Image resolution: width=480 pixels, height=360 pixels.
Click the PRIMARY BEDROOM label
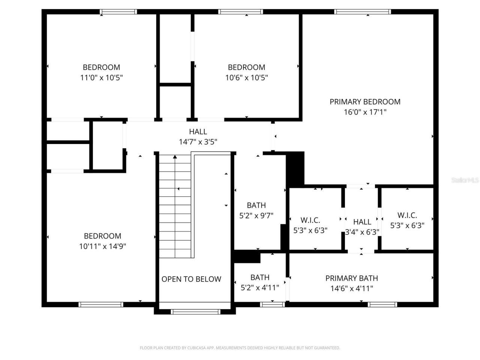[365, 102]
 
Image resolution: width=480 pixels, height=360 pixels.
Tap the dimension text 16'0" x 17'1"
[365, 112]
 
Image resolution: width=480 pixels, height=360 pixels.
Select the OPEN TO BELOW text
[191, 279]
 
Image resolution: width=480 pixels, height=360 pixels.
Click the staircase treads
[175, 206]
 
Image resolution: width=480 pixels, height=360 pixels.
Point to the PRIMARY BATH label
[351, 278]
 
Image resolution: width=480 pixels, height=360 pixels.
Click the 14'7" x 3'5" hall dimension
[198, 142]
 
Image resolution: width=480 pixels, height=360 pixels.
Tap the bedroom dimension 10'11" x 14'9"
[102, 246]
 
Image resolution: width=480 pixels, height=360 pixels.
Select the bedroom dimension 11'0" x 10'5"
[101, 78]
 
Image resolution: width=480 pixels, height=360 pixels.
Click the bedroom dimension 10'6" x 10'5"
[246, 78]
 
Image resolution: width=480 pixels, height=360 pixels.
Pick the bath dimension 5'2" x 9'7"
[256, 216]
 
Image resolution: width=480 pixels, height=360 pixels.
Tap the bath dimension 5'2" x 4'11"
[259, 288]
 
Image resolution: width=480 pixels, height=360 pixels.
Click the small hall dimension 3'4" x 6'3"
[362, 232]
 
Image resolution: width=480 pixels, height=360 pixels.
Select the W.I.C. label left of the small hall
[310, 220]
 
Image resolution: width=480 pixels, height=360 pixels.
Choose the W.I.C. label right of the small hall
[407, 215]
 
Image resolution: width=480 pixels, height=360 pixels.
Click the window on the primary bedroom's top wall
[363, 12]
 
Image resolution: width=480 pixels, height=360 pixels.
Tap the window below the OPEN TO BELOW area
[195, 312]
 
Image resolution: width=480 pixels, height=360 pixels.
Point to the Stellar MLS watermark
[465, 180]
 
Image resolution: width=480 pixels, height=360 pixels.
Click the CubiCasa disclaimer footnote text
[240, 348]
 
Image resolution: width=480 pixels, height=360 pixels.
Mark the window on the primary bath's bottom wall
[382, 304]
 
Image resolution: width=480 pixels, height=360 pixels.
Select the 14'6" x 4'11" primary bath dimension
[351, 288]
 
